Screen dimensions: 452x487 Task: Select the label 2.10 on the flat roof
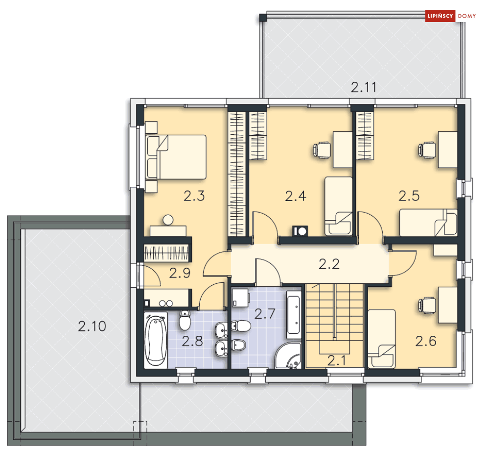tap(92, 326)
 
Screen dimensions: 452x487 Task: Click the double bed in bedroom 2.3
tap(176, 157)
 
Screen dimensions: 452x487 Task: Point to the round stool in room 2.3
tap(168, 221)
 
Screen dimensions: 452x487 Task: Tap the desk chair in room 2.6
tap(427, 304)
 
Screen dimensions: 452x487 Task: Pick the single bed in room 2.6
tap(381, 338)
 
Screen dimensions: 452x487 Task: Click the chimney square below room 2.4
tap(300, 230)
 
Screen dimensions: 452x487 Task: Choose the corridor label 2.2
tap(329, 265)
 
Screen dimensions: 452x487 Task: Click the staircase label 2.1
tap(336, 361)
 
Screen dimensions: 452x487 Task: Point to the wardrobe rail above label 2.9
tap(166, 253)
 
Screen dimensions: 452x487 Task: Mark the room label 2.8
tap(192, 341)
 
